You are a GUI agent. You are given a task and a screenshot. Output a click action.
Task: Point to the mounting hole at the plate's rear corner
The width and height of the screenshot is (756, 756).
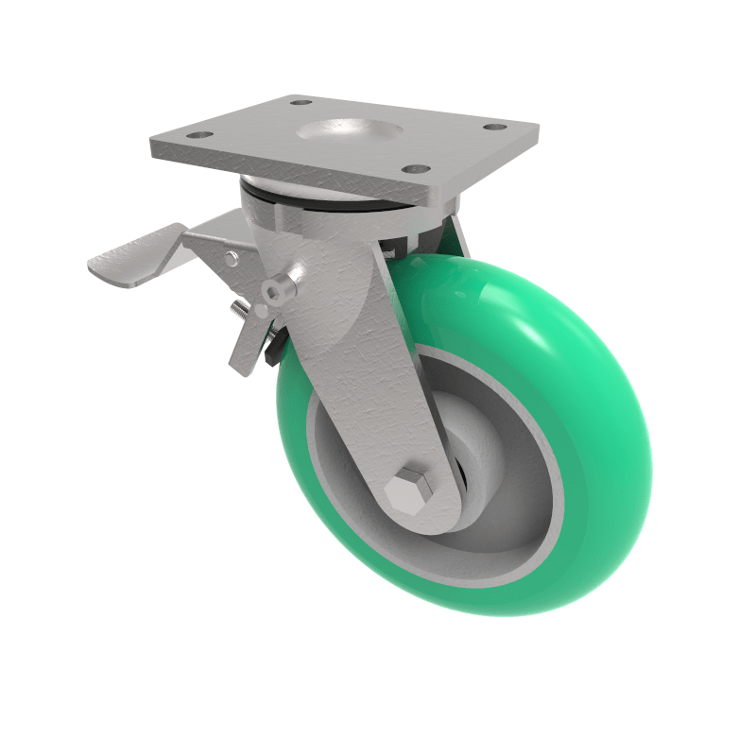pyautogui.click(x=301, y=101)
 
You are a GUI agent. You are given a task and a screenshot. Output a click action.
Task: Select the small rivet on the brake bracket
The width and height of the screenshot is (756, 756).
pyautogui.click(x=232, y=258)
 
